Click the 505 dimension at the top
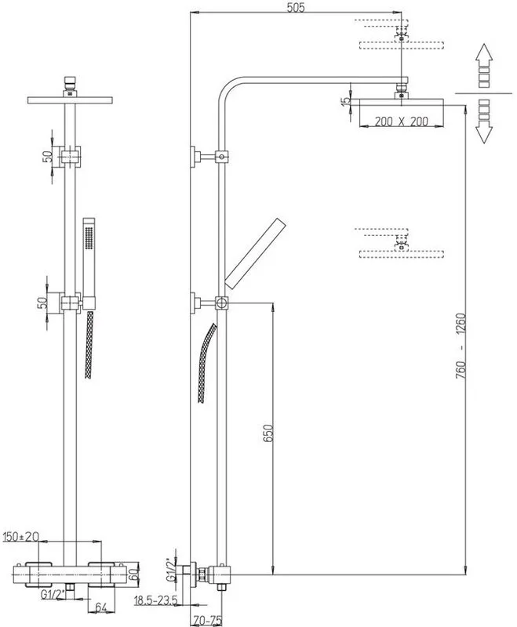pos(296,7)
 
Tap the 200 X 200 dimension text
pos(402,121)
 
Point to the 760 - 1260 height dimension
pos(461,346)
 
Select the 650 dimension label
pos(268,433)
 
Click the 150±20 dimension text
pos(21,537)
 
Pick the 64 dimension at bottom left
pos(101,608)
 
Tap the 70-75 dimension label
pos(207,620)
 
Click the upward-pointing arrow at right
pos(484,65)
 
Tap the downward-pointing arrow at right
pos(484,121)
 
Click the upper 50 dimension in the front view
pos(48,156)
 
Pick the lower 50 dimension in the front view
pos(42,303)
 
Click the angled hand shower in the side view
pos(256,252)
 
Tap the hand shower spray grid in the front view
pos(89,240)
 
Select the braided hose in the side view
pos(206,363)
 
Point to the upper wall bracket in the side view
pos(209,156)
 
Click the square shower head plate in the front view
pos(70,100)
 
